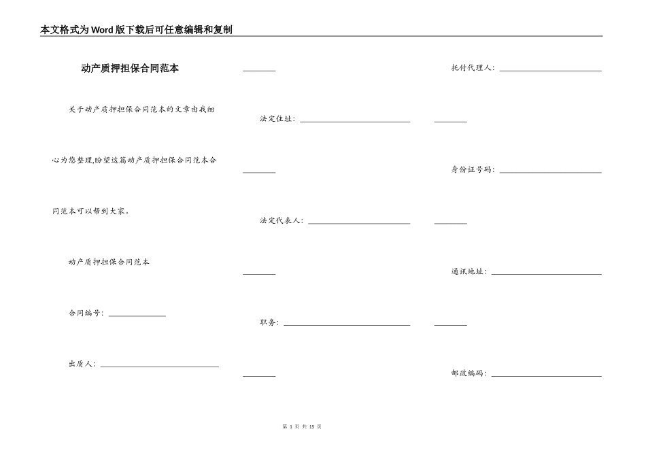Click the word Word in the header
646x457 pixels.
(x=102, y=30)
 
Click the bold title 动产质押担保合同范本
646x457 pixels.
(x=130, y=68)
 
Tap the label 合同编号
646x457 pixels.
(x=84, y=314)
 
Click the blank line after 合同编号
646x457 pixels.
(x=137, y=316)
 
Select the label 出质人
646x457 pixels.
(x=80, y=364)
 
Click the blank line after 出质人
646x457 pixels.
(x=159, y=367)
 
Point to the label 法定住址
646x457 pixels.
(x=275, y=119)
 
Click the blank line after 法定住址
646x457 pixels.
(x=355, y=122)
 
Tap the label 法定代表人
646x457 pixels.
(x=279, y=220)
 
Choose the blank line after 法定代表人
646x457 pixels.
(x=359, y=223)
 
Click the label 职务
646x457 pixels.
(x=268, y=322)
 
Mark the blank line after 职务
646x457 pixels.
(x=347, y=325)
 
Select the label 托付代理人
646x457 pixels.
(x=471, y=67)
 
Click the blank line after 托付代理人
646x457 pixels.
(x=550, y=71)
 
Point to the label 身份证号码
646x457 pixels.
(x=471, y=169)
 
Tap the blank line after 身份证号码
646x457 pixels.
(x=550, y=172)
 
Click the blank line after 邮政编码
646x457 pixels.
(x=546, y=376)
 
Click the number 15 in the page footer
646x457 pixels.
(x=312, y=426)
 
